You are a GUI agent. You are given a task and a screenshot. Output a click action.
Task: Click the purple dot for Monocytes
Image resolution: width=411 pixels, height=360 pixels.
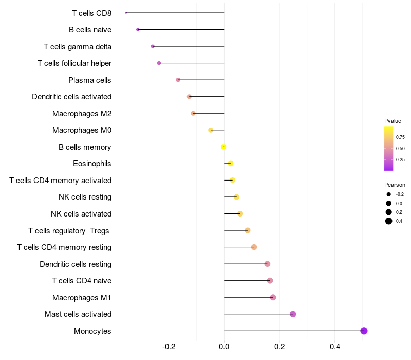(x=364, y=331)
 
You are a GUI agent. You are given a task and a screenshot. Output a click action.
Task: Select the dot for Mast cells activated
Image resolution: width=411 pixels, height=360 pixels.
(x=293, y=314)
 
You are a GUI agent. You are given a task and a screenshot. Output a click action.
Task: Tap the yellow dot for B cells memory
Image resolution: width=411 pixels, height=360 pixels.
(x=223, y=147)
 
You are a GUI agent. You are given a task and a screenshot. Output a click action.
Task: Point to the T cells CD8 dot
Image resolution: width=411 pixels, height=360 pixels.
(x=126, y=13)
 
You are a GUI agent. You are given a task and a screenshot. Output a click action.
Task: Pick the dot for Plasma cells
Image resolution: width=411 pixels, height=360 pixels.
(x=178, y=80)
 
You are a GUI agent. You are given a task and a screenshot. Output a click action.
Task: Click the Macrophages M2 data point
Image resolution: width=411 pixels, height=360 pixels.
(x=193, y=113)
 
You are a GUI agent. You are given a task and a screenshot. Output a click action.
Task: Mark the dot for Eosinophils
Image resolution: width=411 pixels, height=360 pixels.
(x=231, y=164)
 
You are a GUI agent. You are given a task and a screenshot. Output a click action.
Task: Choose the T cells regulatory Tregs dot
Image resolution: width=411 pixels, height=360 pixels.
(x=248, y=230)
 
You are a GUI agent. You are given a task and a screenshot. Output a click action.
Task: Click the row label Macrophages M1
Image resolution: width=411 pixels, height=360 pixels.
(x=82, y=298)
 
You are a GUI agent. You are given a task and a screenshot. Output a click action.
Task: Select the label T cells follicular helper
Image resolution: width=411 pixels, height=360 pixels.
(x=74, y=63)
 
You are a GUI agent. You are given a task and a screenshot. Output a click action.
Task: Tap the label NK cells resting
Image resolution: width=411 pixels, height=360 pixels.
(x=85, y=197)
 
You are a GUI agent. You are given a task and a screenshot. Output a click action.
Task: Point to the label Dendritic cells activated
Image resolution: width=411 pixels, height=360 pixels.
(x=71, y=97)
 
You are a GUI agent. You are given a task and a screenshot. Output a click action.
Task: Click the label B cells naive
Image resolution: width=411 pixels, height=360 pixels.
(x=90, y=30)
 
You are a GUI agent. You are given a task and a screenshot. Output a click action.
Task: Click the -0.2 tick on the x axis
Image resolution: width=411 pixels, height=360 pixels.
(x=169, y=347)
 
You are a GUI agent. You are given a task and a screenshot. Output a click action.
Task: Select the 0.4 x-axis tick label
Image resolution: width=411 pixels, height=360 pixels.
(x=335, y=347)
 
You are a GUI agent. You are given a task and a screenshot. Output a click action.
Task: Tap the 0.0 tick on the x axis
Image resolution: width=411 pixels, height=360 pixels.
(x=224, y=347)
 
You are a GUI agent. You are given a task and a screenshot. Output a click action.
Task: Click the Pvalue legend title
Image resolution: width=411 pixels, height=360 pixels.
(x=393, y=121)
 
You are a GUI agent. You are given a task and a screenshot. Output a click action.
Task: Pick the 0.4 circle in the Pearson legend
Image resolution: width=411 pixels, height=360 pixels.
(x=389, y=221)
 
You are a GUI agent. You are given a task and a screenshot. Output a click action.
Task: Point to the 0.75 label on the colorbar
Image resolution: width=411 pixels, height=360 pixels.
(x=400, y=137)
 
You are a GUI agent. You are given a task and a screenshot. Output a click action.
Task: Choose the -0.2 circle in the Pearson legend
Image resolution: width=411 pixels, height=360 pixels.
(x=389, y=194)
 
